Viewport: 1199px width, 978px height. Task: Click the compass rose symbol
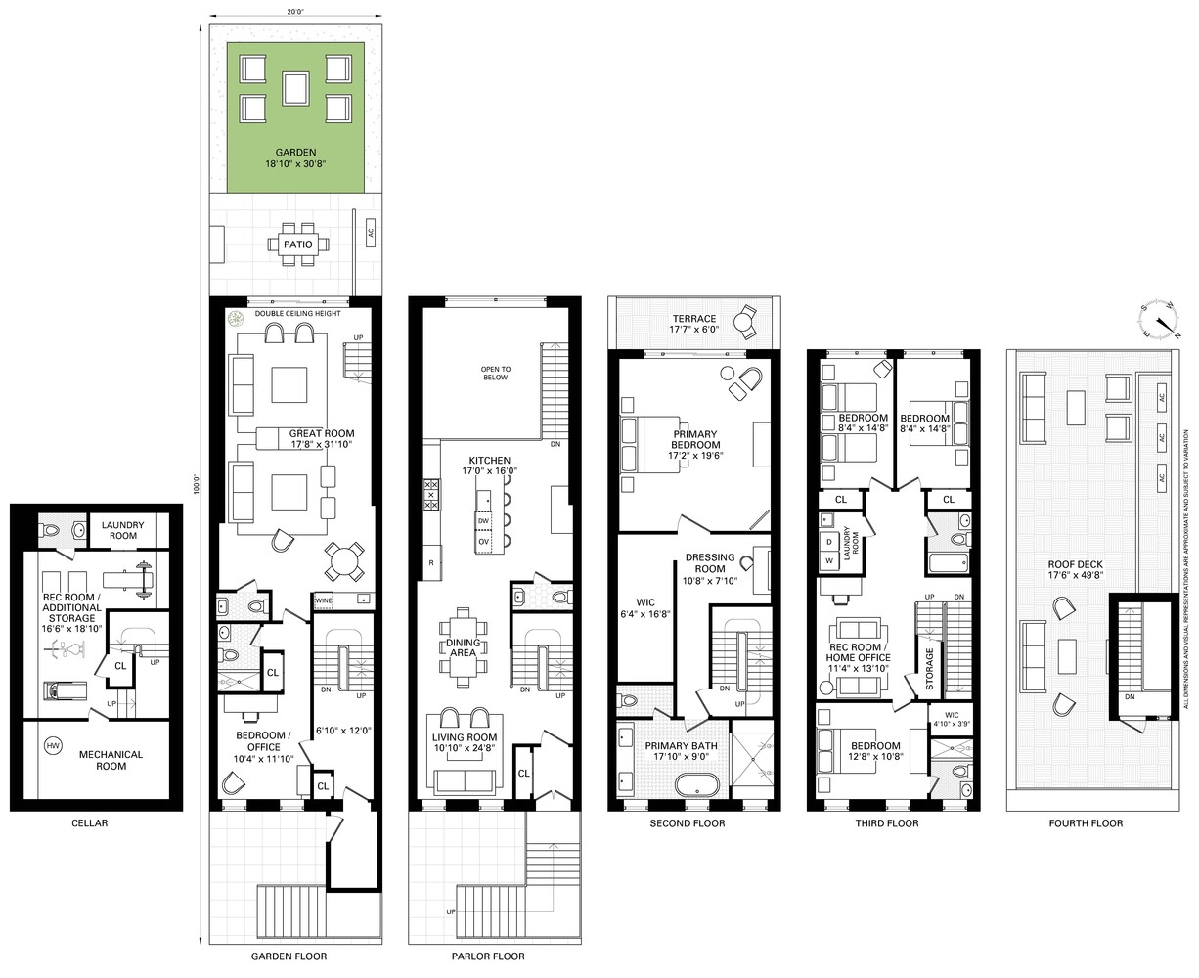pyautogui.click(x=1160, y=319)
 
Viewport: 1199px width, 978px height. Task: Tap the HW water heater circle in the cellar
pyautogui.click(x=52, y=746)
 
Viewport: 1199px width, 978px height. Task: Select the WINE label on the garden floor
pyautogui.click(x=324, y=600)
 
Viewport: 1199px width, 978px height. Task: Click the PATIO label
pyautogui.click(x=297, y=243)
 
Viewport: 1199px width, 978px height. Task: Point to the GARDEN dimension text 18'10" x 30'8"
pyautogui.click(x=294, y=165)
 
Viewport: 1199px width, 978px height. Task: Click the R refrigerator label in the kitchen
pyautogui.click(x=429, y=562)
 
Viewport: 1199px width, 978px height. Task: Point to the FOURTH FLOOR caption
pyautogui.click(x=1086, y=823)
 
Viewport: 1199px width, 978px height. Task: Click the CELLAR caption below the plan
pyautogui.click(x=90, y=823)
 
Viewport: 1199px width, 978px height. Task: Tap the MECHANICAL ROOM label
pyautogui.click(x=111, y=760)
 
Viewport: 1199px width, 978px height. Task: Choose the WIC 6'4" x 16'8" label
pyautogui.click(x=646, y=607)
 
